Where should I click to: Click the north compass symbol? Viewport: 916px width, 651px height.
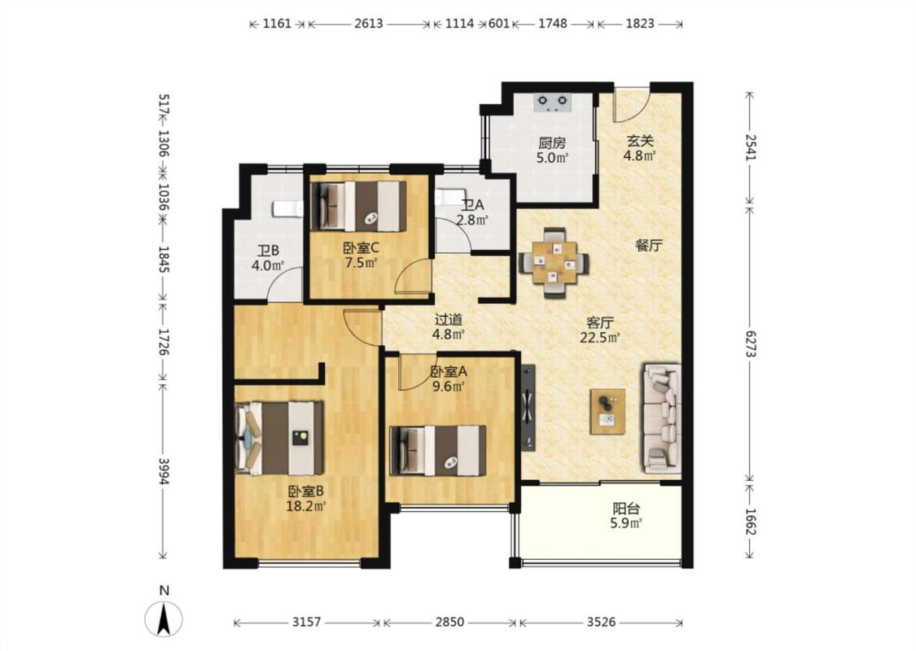pyautogui.click(x=164, y=618)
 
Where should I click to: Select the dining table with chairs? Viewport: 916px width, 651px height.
pyautogui.click(x=554, y=263)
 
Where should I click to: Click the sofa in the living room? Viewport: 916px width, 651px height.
pyautogui.click(x=662, y=418)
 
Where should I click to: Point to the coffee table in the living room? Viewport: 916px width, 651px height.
pyautogui.click(x=607, y=412)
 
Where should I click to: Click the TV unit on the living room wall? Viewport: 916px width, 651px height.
pyautogui.click(x=528, y=408)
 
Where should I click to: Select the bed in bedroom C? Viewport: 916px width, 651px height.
pyautogui.click(x=359, y=206)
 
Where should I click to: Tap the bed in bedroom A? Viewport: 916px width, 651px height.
pyautogui.click(x=438, y=450)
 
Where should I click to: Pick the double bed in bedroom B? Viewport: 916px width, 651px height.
pyautogui.click(x=279, y=438)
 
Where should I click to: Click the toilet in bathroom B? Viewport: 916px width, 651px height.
pyautogui.click(x=287, y=208)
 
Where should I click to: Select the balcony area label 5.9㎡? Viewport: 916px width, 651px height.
pyautogui.click(x=626, y=523)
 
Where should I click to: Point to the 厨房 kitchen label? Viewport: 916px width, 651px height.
pyautogui.click(x=552, y=143)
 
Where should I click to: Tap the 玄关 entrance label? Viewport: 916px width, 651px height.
pyautogui.click(x=640, y=141)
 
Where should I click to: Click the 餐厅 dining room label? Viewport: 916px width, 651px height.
pyautogui.click(x=648, y=245)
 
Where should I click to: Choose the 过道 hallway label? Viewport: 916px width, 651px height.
pyautogui.click(x=449, y=319)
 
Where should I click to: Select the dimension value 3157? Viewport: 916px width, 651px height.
pyautogui.click(x=307, y=623)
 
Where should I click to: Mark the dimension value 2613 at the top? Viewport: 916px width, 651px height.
pyautogui.click(x=369, y=24)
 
